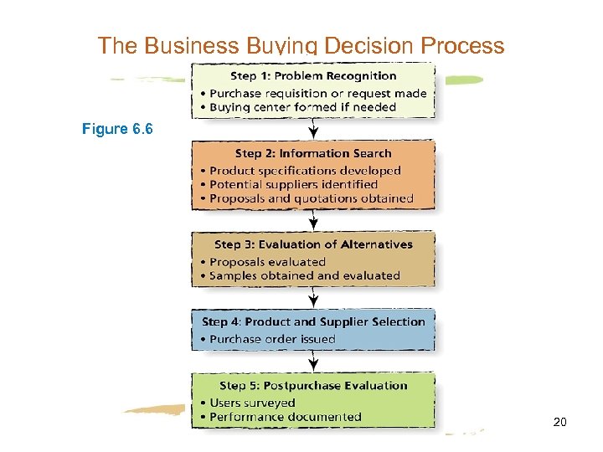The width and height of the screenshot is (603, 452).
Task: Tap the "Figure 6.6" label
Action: click(117, 129)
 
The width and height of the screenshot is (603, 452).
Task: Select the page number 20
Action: click(560, 423)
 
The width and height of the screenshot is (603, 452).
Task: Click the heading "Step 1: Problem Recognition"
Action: click(313, 76)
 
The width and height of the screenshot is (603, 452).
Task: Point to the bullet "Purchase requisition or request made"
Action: click(317, 93)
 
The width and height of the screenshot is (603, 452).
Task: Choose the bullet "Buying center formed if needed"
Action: click(302, 107)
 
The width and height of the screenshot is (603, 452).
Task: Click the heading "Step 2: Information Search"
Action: click(312, 153)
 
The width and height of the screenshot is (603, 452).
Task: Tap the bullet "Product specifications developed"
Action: click(305, 170)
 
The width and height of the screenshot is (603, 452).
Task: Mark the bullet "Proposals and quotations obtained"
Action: click(311, 198)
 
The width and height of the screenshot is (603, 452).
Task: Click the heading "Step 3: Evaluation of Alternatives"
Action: click(313, 244)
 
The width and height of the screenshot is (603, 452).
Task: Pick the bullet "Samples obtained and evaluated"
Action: click(305, 275)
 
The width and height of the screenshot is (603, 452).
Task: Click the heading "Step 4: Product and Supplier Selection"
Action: click(313, 321)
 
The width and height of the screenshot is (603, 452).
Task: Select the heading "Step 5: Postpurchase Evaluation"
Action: click(313, 386)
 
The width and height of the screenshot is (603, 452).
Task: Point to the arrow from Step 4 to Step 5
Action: click(313, 362)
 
